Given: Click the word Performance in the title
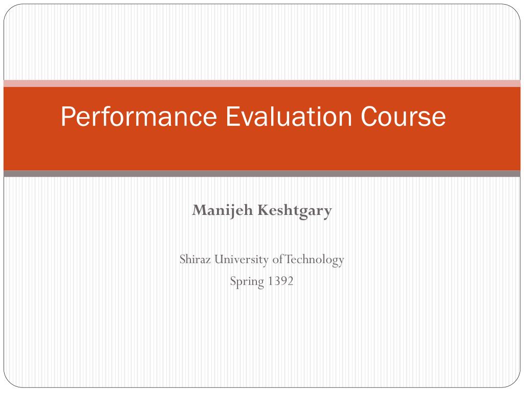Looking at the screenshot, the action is tap(139, 117).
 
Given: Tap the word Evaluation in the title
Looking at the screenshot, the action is tap(289, 116).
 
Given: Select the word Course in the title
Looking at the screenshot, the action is tap(403, 117).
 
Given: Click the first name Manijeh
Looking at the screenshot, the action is tap(222, 211).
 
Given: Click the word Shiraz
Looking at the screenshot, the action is tap(195, 259).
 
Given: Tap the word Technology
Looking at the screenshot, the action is tap(314, 260).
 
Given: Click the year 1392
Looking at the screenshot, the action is tap(280, 281).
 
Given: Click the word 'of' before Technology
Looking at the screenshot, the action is tap(278, 259).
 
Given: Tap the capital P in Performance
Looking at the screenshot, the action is tap(69, 117).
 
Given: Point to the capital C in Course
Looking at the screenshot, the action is tap(370, 117).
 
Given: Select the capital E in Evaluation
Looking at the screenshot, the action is tap(233, 117).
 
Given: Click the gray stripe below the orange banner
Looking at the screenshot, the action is tap(262, 173).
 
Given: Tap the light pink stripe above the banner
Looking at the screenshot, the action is tap(262, 83).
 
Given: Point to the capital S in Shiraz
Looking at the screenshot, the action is tap(183, 259).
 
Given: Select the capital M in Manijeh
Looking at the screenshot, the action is tap(200, 210).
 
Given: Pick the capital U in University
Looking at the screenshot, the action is tap(219, 259).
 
